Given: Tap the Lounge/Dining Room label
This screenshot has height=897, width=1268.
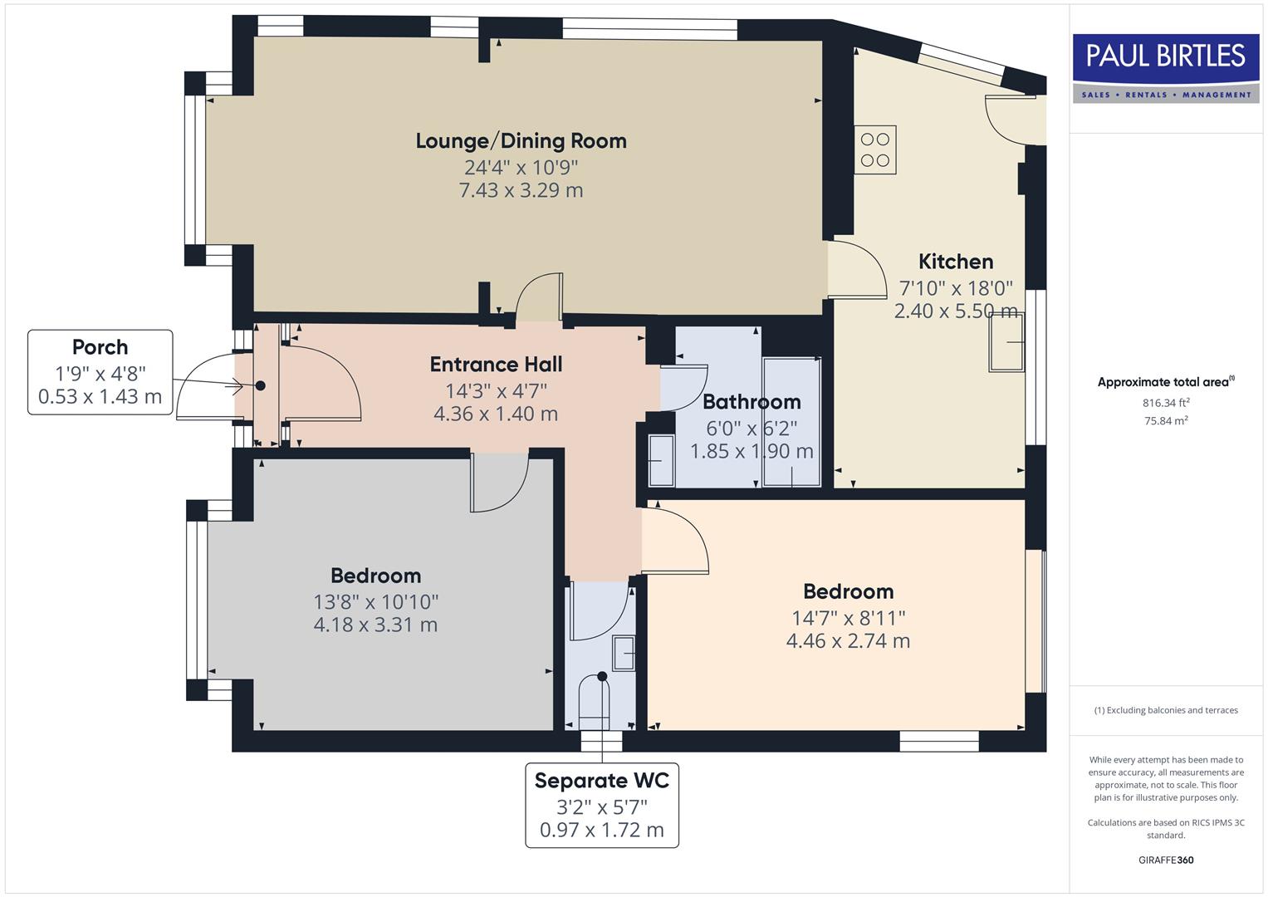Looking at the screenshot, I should point(521,141).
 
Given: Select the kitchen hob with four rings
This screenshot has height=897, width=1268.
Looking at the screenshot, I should point(875,149).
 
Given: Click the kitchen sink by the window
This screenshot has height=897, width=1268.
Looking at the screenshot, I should point(1006,341).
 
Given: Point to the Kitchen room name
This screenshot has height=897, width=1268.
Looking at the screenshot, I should point(955,262).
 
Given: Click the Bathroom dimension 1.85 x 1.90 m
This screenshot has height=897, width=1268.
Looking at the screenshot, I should point(751,452).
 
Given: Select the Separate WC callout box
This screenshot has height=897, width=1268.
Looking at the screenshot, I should point(602,805).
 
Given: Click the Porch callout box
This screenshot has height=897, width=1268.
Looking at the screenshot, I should point(100,372).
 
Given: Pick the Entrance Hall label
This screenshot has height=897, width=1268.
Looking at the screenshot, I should point(496,365).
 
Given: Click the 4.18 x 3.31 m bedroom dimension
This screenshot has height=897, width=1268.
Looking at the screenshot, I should point(375,625).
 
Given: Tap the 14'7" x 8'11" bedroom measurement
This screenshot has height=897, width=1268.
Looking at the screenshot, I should point(848,618).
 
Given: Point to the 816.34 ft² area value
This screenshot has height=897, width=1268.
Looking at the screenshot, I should point(1166,403).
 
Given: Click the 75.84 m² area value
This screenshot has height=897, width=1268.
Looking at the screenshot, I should point(1166,420).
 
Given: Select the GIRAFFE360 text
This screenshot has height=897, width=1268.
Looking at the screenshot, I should point(1166,860).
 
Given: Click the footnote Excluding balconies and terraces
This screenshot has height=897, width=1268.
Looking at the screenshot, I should point(1166,710).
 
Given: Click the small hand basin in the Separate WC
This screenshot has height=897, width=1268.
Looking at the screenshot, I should point(624,653).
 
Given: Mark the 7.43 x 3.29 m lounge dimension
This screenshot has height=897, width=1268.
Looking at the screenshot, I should point(521,190).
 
